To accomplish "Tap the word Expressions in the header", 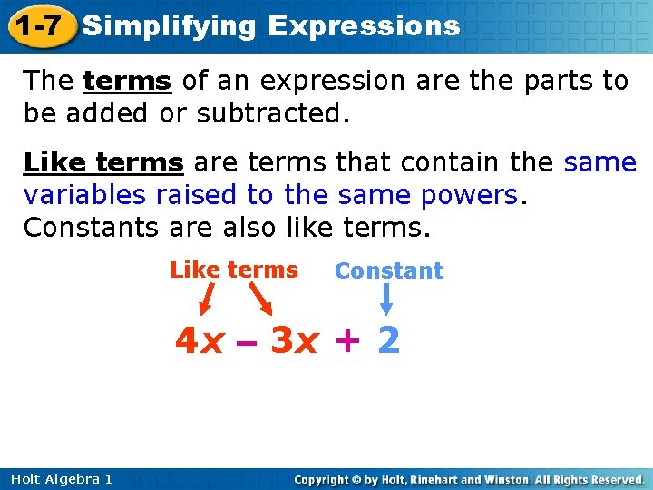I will coord(365,26).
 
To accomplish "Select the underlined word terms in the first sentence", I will coord(127,82).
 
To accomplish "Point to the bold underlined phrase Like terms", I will coord(103,163).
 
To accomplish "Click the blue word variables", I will coord(86,196).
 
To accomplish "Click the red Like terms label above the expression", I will coord(233,270).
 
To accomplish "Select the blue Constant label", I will coord(388,270).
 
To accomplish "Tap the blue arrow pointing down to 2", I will coord(387,299).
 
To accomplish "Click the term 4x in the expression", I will coord(200,341).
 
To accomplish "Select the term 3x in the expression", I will coord(294,341).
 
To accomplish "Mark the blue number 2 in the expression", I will coord(388,341).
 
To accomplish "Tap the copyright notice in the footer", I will coord(470,479).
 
